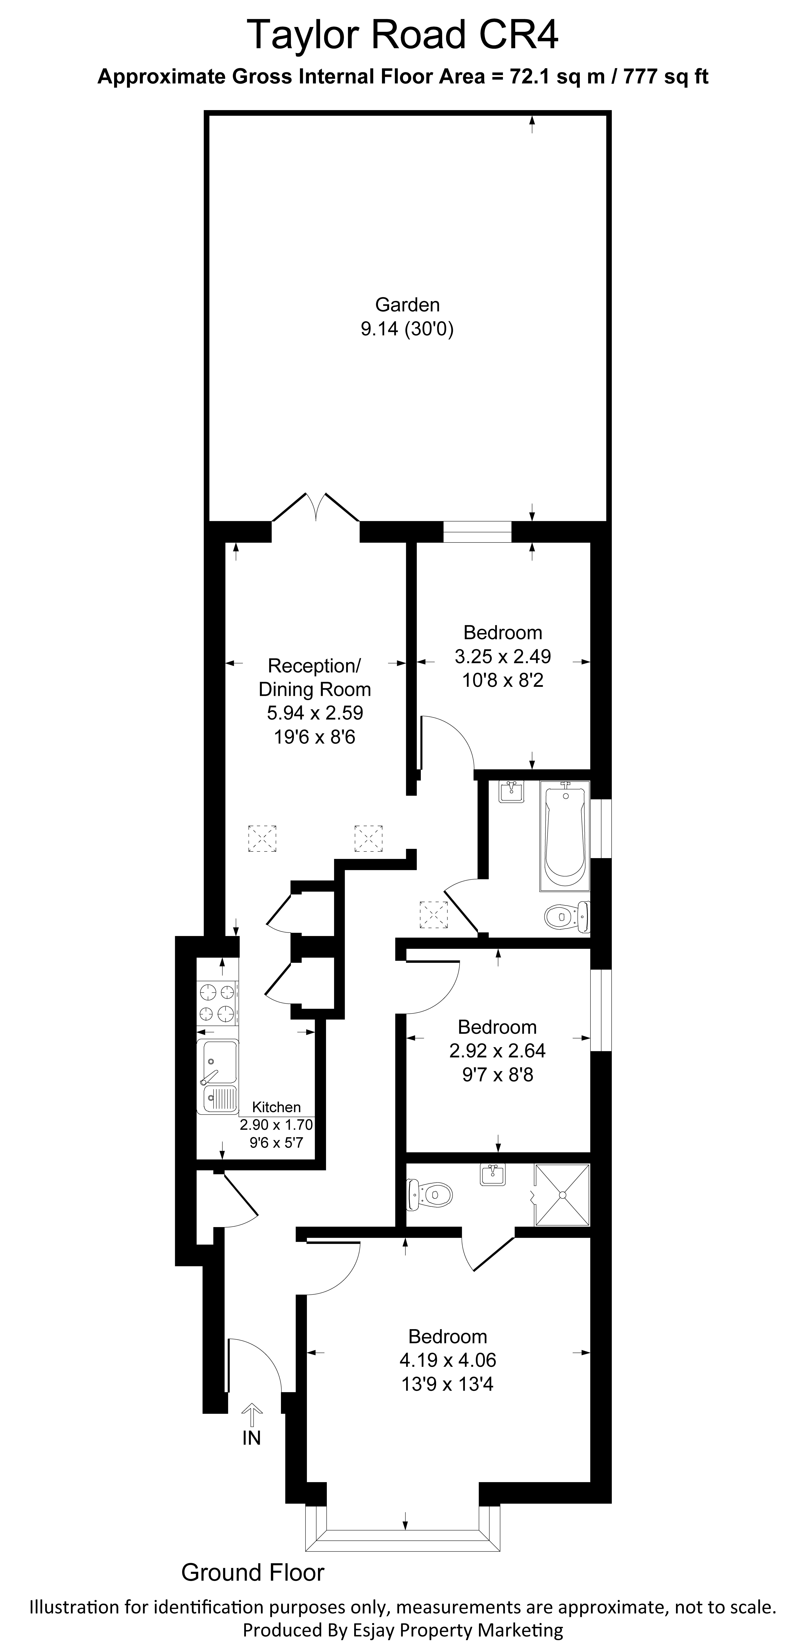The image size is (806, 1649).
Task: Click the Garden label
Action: tap(407, 305)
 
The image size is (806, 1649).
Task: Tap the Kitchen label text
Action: tap(276, 1107)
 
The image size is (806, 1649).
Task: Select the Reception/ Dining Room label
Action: tap(314, 677)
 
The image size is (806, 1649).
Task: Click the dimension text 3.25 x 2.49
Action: tap(503, 656)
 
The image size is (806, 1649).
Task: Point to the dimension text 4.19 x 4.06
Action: tap(448, 1360)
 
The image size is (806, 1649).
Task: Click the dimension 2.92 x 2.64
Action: tap(497, 1051)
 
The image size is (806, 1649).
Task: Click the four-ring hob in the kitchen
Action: tap(217, 1002)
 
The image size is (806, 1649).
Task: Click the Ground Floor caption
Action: tap(253, 1572)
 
